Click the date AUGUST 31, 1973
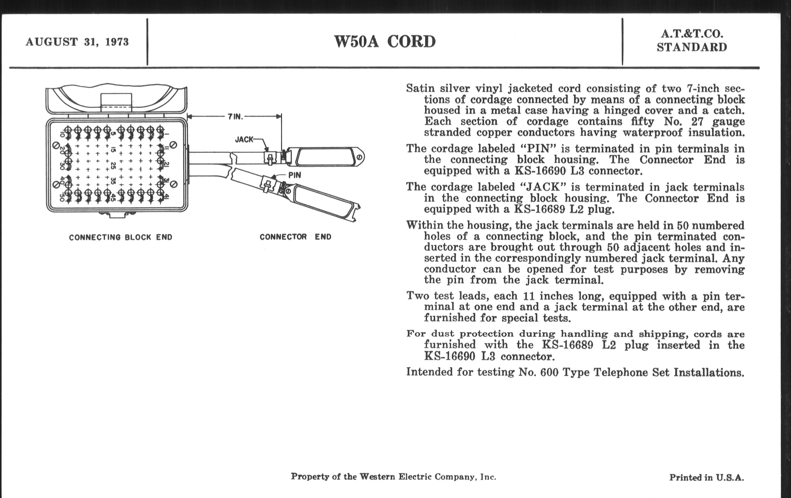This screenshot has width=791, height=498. [77, 42]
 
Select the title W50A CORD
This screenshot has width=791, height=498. [385, 42]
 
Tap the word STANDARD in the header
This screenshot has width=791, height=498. [692, 47]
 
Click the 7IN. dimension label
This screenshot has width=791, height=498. [235, 117]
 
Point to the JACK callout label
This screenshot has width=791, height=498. [244, 139]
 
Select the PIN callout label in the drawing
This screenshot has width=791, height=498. [294, 175]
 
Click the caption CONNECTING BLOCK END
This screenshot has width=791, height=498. [121, 237]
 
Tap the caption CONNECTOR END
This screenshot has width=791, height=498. [295, 237]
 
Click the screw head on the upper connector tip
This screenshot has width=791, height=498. [359, 158]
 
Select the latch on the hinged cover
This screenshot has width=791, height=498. [116, 103]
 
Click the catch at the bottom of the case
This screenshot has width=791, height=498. [117, 215]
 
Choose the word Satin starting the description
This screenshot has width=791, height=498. [421, 89]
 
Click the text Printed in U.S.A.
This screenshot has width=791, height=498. [706, 477]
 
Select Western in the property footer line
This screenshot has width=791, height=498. [377, 477]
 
